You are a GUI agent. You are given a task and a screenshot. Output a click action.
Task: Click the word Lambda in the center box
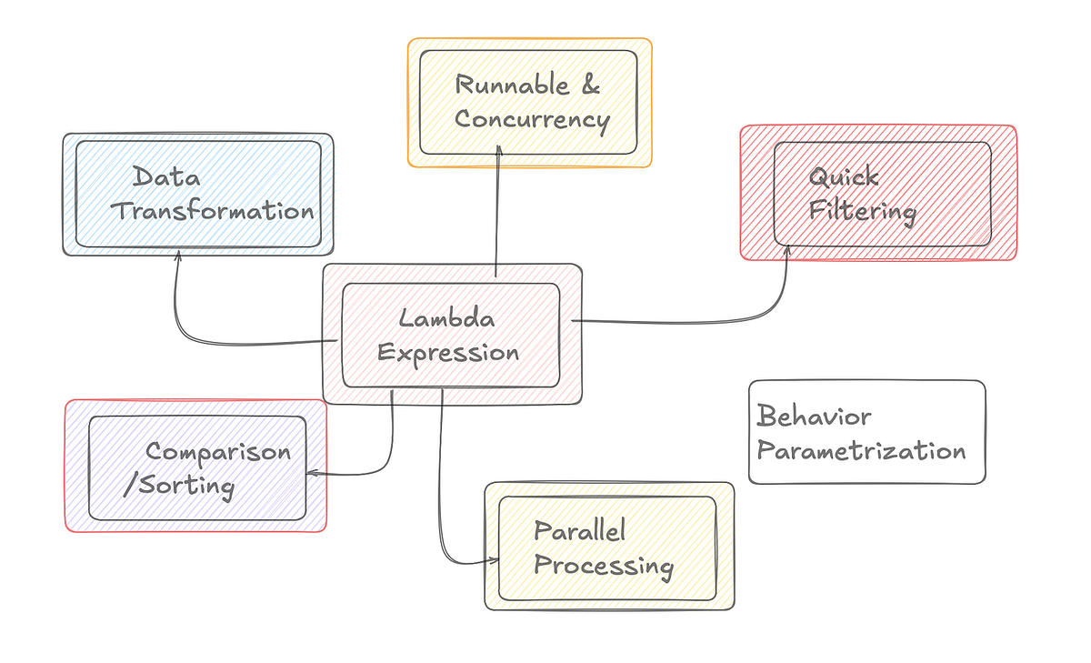(446, 319)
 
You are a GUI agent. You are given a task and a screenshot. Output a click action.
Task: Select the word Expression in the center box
(448, 353)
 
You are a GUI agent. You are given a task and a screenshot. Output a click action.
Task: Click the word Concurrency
(532, 119)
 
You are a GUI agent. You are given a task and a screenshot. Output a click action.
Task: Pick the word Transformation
(212, 211)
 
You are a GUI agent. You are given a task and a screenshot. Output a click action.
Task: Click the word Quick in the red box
(844, 176)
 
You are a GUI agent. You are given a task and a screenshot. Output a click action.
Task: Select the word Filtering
(862, 211)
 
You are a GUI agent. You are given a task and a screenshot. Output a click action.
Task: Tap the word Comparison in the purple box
(218, 451)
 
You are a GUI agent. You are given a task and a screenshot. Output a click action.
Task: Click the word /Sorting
(179, 486)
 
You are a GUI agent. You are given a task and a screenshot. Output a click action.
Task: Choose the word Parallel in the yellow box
(579, 531)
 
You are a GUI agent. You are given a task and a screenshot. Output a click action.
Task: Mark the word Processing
(603, 566)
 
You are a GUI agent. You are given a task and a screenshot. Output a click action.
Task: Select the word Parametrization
(861, 451)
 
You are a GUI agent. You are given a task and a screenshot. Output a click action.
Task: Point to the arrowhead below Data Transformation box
(177, 257)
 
